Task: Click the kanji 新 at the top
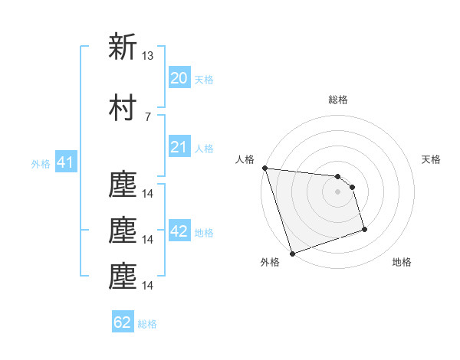coord(123,47)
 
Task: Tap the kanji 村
coord(123,108)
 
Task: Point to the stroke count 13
coord(148,56)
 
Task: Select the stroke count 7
coord(147,116)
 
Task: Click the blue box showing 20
coord(179,78)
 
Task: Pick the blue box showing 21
coord(179,147)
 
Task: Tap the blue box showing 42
coord(179,231)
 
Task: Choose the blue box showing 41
coord(64,162)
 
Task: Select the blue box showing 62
coord(123,322)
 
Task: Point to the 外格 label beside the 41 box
coord(41,164)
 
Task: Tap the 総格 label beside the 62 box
coord(147,324)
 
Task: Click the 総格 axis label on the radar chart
coord(337,100)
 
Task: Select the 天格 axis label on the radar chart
coord(432,159)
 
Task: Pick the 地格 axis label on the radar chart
coord(402,262)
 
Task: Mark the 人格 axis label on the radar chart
coord(245,159)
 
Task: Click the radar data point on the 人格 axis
coord(264,168)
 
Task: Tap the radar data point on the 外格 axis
coord(292,253)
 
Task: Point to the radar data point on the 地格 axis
coord(364,229)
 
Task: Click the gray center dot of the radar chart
coord(337,191)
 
